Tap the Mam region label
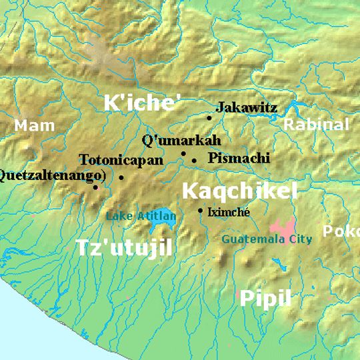35,125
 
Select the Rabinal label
316,125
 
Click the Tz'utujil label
124,248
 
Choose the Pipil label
265,298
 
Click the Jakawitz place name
247,107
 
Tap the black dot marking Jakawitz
209,118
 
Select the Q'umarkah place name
181,141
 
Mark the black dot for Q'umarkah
183,153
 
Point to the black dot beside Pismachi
194,160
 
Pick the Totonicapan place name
121,161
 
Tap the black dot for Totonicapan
121,177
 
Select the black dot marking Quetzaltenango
95,187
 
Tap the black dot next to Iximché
200,211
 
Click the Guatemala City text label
267,239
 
